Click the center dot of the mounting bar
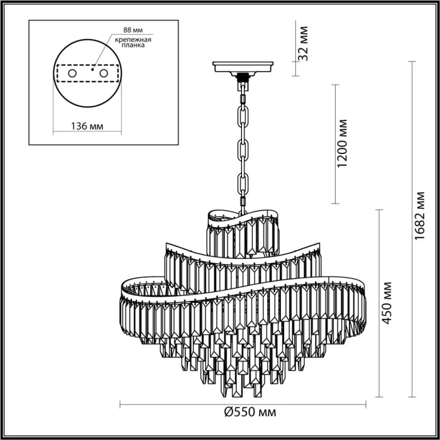point(93,71)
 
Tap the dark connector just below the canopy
point(242,79)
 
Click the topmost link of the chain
point(243,94)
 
